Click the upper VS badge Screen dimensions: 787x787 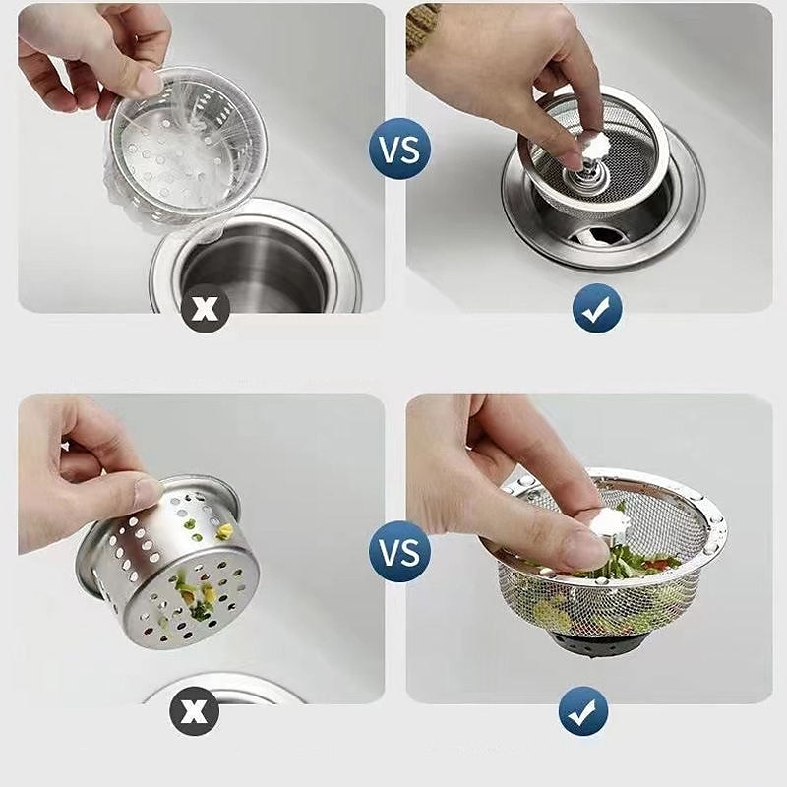click(399, 150)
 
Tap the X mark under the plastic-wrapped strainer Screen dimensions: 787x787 click(204, 308)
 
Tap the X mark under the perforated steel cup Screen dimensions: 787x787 click(194, 710)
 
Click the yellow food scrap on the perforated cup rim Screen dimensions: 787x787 click(225, 531)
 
